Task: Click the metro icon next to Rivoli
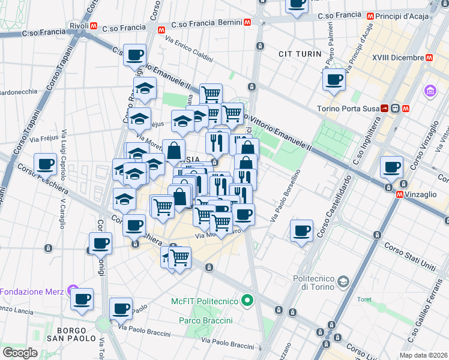click(x=94, y=26)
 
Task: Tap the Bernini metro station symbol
click(x=247, y=22)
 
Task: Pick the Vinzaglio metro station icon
click(x=400, y=194)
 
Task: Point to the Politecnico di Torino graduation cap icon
click(x=343, y=281)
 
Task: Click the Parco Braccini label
click(x=205, y=320)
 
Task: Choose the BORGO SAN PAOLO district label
click(x=76, y=334)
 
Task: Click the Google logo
click(x=20, y=352)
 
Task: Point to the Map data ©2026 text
click(x=423, y=355)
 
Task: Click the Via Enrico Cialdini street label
click(x=189, y=50)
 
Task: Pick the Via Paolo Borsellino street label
click(x=285, y=197)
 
